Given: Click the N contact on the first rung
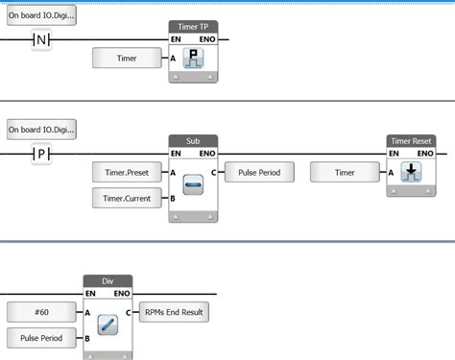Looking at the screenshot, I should (x=40, y=39).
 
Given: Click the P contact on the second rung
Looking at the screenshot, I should (x=40, y=154).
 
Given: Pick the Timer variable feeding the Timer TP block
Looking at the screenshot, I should (x=127, y=59).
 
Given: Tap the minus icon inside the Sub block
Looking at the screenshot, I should (x=194, y=186).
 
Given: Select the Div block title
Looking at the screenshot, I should (x=108, y=281).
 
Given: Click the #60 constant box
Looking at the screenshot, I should (x=40, y=312).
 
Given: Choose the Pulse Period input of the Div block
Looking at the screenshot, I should (x=40, y=338).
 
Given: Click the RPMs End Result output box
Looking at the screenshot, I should (x=175, y=312).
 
